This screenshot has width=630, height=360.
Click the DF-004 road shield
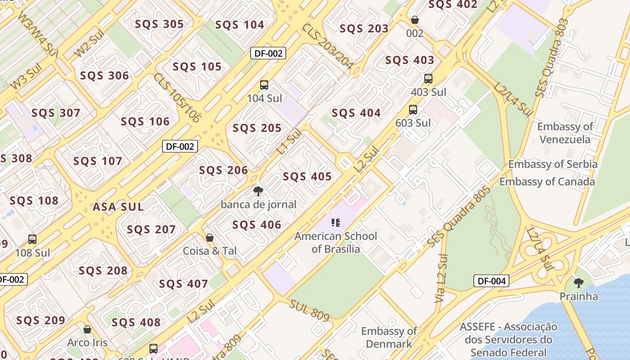click(x=492, y=281)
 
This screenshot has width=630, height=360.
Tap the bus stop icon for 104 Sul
click(x=264, y=85)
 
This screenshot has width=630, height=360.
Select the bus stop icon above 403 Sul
click(x=428, y=79)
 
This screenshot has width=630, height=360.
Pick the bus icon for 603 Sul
click(x=413, y=109)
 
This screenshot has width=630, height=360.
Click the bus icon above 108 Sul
click(x=32, y=239)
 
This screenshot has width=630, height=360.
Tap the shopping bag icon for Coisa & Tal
click(x=209, y=237)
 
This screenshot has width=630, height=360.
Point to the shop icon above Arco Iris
click(x=87, y=329)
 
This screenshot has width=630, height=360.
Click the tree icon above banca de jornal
click(x=258, y=191)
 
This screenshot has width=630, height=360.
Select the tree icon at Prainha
click(x=578, y=283)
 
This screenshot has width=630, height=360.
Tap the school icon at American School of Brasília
click(x=335, y=222)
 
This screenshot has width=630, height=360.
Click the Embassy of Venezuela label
click(x=565, y=133)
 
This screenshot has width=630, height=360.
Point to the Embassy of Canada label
click(x=547, y=182)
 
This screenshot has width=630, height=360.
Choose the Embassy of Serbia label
click(x=553, y=164)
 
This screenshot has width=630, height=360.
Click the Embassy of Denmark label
click(x=389, y=337)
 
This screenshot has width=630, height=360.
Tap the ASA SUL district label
click(x=118, y=207)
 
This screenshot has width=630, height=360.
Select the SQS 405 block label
click(x=307, y=176)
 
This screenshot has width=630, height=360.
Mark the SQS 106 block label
click(x=145, y=121)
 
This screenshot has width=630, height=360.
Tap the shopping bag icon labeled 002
click(x=414, y=20)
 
